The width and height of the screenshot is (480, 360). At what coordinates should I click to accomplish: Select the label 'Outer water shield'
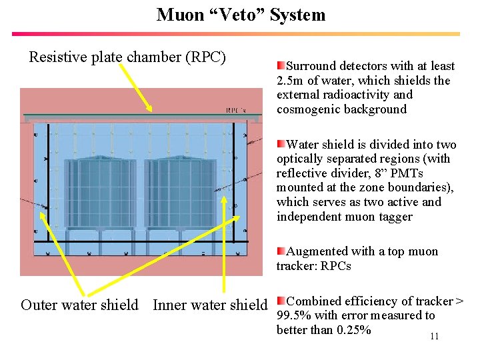click(79, 305)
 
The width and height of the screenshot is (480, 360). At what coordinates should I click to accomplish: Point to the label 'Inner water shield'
click(210, 305)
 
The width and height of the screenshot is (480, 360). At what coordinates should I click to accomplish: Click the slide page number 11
click(434, 336)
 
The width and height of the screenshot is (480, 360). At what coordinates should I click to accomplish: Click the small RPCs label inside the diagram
click(235, 110)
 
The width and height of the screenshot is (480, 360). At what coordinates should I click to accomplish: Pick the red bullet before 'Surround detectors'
click(281, 65)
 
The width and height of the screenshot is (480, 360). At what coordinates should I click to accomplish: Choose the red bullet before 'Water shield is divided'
click(281, 144)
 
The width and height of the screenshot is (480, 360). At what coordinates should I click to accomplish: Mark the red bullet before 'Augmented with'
click(281, 251)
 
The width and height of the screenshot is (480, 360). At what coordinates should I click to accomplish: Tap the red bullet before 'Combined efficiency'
click(281, 301)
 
